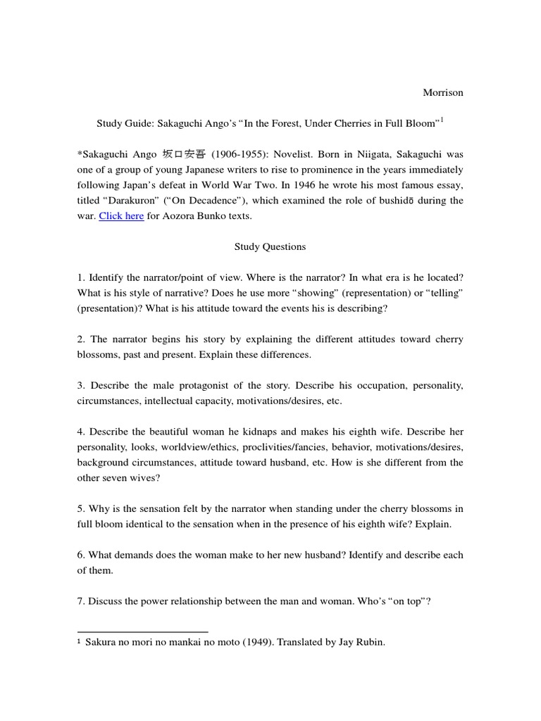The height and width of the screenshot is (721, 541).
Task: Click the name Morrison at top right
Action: click(442, 92)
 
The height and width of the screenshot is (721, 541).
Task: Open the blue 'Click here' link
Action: click(121, 216)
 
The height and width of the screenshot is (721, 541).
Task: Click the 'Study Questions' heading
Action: click(270, 247)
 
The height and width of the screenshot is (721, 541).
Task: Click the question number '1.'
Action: click(81, 277)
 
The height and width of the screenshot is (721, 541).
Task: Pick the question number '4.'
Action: click(81, 432)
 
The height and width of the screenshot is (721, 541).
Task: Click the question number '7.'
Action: click(81, 601)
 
